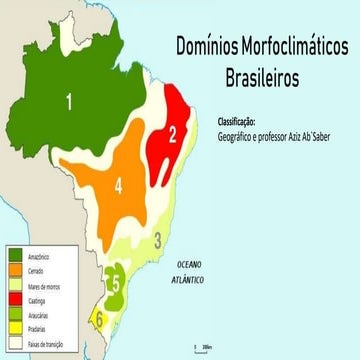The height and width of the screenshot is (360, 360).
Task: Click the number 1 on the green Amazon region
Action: coord(69,100)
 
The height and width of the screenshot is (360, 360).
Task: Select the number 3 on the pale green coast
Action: coord(158,239)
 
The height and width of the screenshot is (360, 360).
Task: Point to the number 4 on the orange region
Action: coord(118,185)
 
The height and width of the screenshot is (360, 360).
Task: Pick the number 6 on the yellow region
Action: coord(98,319)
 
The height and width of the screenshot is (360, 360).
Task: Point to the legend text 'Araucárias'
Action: coord(40,313)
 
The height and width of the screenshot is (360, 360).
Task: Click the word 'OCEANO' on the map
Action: coord(189,265)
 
